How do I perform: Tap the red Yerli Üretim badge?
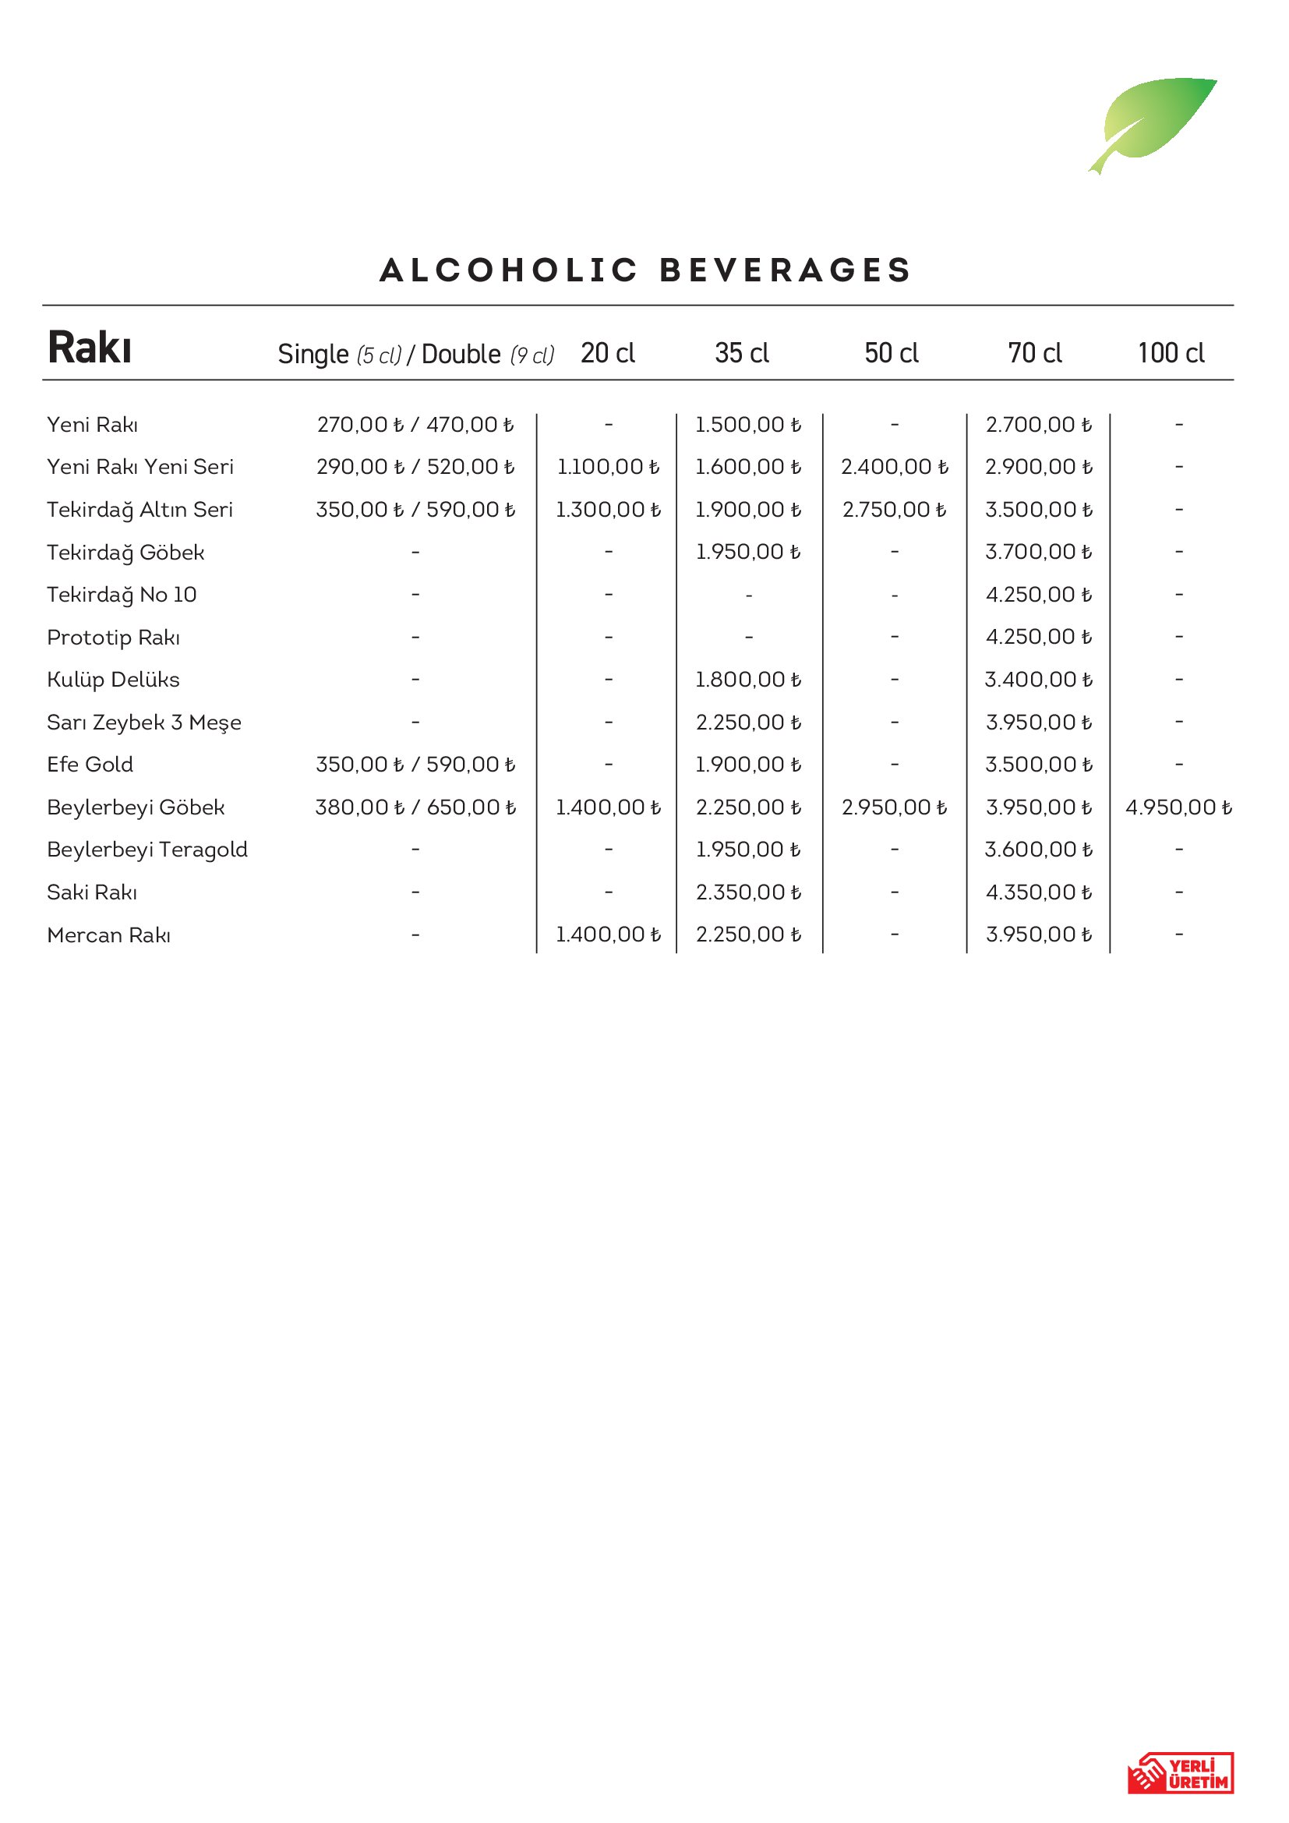1180,1772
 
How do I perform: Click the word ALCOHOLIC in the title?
509,270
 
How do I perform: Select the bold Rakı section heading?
89,348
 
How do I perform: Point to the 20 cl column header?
607,353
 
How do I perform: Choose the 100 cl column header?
1171,353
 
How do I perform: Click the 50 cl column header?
892,353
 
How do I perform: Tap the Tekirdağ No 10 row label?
122,595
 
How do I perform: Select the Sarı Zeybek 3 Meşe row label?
143,722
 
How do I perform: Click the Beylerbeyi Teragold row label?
147,850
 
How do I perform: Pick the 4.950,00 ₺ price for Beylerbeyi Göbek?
1178,807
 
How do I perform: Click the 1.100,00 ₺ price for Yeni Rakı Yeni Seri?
608,467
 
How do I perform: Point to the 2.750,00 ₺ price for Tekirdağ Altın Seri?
895,510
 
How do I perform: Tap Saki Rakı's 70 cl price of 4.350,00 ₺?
1038,892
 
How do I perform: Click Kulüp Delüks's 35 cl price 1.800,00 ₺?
747,680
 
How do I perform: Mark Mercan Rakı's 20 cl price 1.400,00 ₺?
608,934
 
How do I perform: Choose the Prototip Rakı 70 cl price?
1038,637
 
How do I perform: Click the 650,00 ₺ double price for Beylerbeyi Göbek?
471,807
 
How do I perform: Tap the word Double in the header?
461,354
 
